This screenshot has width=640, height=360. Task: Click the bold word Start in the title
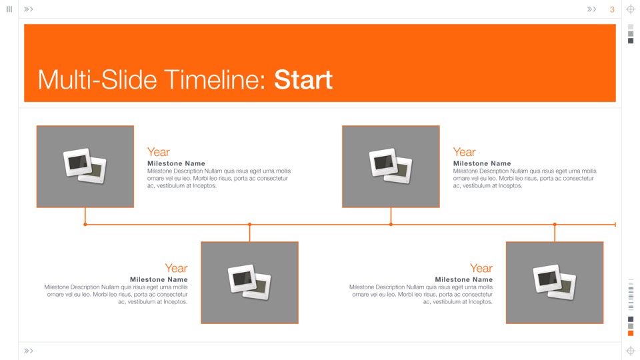pos(303,79)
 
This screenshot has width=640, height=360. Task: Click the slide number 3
pos(612,9)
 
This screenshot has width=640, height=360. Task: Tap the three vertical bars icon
pos(9,9)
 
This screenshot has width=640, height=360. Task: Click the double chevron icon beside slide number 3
pos(591,9)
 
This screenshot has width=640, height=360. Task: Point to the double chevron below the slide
pos(28,351)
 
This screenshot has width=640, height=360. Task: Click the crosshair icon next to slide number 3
pos(631,9)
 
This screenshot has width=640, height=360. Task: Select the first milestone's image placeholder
pos(85,167)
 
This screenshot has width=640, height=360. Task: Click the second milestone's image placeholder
pos(250,283)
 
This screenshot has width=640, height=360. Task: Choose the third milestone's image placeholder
pos(391,167)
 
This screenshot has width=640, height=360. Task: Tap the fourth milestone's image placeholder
pos(555,283)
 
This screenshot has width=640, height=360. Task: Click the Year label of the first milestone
pos(159,152)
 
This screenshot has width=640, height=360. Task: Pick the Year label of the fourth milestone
pos(481,268)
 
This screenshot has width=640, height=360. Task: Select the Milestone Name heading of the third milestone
pos(482,163)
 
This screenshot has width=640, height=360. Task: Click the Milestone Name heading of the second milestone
pos(159,279)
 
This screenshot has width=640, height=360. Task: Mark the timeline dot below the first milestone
pos(85,225)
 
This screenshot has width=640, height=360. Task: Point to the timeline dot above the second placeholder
pos(250,225)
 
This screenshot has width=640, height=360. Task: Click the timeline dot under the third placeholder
pos(391,225)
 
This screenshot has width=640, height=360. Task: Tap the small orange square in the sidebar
pos(631,333)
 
